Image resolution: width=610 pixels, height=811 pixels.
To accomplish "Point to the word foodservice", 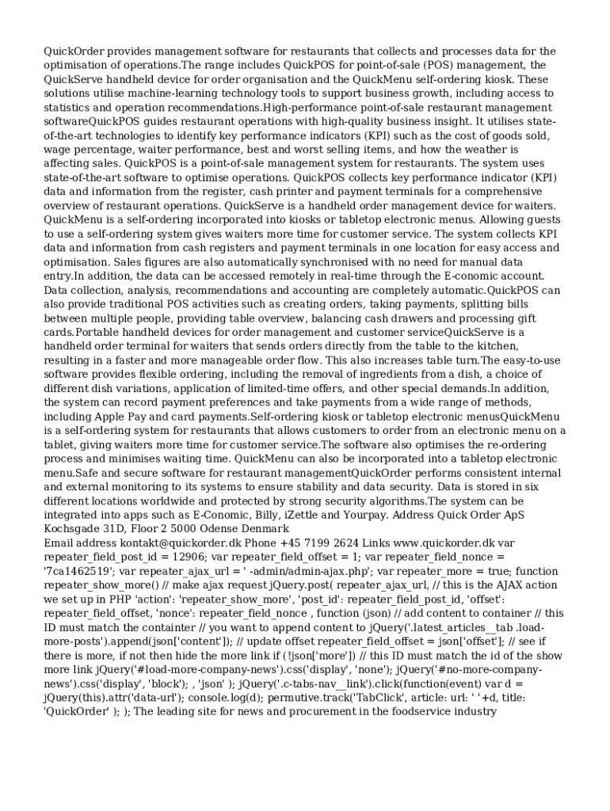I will (413, 711).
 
